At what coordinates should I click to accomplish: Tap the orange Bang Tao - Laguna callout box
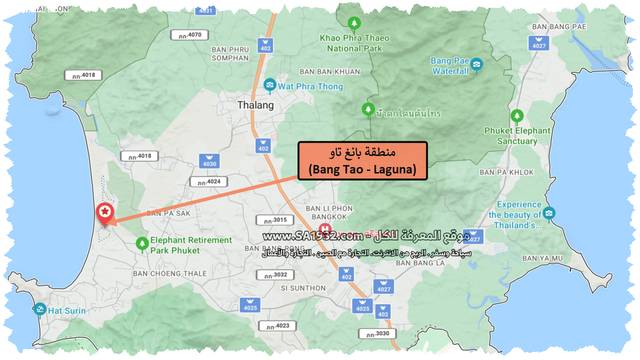tap(362, 160)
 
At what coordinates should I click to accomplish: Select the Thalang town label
tap(255, 105)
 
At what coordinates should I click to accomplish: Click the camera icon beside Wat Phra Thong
tap(270, 86)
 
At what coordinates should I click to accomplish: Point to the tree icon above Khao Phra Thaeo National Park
tap(354, 23)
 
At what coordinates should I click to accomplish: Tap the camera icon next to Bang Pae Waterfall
tap(476, 64)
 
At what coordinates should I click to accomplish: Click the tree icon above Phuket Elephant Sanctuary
tap(517, 116)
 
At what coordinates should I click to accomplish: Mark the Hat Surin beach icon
tap(40, 310)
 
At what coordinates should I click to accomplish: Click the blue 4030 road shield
tap(209, 160)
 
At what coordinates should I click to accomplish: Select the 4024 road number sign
tap(208, 181)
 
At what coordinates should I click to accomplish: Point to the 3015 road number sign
tap(271, 220)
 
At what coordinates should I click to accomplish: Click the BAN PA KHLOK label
tap(506, 172)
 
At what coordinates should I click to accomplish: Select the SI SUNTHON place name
tap(303, 288)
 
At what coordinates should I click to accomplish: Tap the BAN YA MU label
tap(542, 258)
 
